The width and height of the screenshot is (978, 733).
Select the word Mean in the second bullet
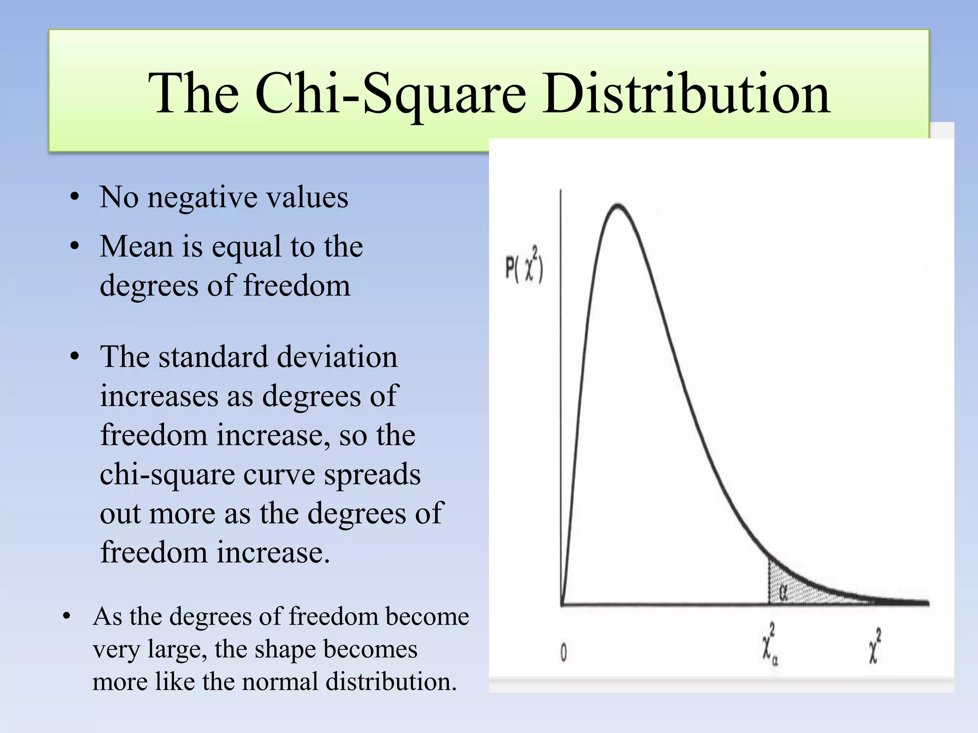[136, 247]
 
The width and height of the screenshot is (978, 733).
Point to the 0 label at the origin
[563, 652]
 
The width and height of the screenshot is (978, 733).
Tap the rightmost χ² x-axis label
[874, 646]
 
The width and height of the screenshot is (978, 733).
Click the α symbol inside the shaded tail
[783, 592]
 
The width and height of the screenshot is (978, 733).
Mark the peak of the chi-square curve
[618, 206]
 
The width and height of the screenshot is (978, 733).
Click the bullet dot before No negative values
[74, 197]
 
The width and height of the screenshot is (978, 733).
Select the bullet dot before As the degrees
[67, 616]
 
